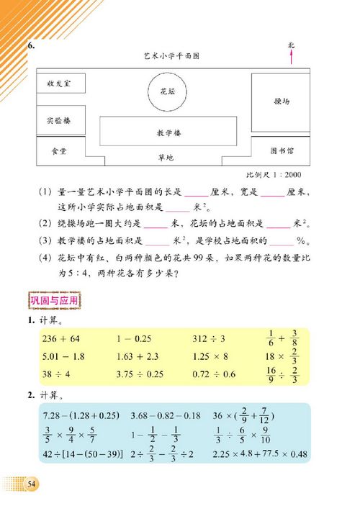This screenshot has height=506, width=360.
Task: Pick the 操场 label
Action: click(x=282, y=101)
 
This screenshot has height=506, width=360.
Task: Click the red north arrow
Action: click(x=291, y=55)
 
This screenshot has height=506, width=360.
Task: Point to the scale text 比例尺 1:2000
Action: click(x=274, y=175)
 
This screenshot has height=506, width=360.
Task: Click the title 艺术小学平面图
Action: click(x=171, y=55)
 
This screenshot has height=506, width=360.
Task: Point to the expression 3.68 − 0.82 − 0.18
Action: click(x=166, y=416)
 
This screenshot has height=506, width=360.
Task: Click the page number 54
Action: click(x=31, y=482)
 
